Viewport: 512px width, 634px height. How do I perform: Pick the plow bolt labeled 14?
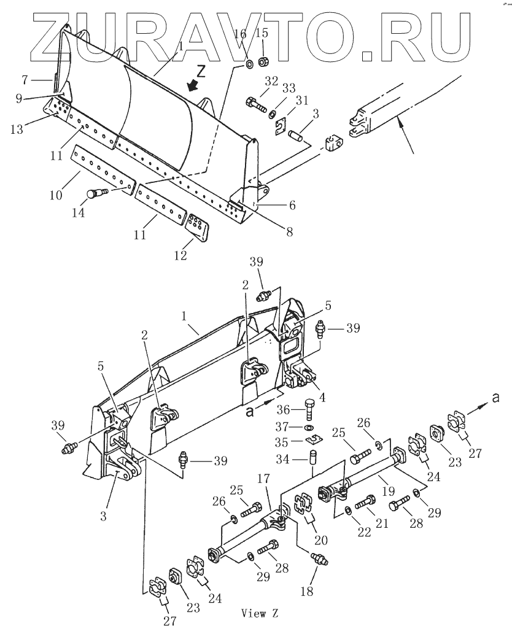tap(97, 195)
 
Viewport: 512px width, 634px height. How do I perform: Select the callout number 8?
tap(288, 231)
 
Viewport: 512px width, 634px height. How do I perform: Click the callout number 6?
tap(292, 205)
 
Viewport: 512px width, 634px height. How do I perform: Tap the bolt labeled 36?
tap(309, 408)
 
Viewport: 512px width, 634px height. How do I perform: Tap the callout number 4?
tap(323, 396)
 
